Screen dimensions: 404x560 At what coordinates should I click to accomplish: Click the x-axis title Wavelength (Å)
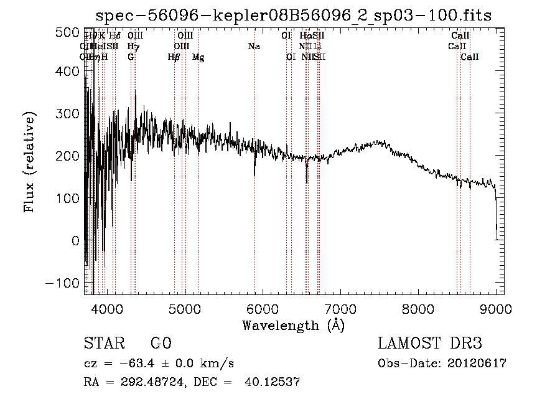[x=293, y=325]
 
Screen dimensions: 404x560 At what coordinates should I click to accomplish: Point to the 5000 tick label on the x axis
[x=185, y=308]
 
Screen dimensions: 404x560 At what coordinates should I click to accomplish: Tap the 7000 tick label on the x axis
[x=340, y=308]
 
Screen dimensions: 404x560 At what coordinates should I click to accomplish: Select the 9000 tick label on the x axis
[x=496, y=308]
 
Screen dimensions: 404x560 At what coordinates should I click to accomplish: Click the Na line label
[x=253, y=47]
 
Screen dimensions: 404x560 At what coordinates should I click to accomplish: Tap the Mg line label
[x=198, y=57]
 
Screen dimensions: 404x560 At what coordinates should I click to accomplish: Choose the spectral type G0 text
[x=161, y=344]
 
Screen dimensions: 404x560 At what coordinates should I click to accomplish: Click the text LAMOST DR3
[x=430, y=344]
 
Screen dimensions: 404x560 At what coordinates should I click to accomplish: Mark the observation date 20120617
[x=476, y=364]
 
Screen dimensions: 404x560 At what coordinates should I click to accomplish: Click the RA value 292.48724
[x=153, y=382]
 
